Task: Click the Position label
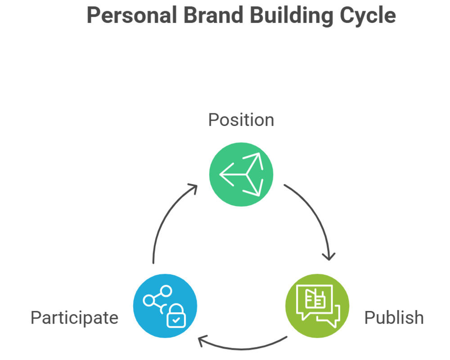[241, 120]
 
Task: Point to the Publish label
[394, 318]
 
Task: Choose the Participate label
[74, 318]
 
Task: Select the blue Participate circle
[165, 306]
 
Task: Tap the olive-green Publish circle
[317, 306]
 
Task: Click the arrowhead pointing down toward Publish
[329, 256]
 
